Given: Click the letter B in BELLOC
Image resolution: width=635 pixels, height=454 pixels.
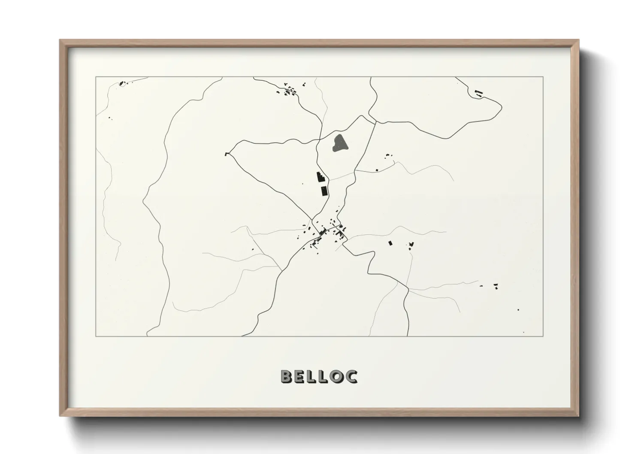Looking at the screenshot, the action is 287,376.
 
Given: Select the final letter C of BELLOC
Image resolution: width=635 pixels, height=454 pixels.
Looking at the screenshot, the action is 351,376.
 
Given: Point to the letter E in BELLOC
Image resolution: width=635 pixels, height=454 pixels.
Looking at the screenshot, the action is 299,376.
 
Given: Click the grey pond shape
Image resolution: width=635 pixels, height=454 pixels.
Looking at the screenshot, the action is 340,143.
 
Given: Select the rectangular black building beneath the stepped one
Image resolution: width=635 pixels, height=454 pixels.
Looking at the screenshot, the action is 324,191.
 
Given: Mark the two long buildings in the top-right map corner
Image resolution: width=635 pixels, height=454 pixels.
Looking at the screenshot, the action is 478,93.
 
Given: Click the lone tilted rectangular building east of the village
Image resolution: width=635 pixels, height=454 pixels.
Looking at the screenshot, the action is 390,243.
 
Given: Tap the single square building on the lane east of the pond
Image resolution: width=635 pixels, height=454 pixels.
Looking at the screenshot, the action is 377,171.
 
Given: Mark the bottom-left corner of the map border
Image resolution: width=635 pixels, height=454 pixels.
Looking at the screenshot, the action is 96,336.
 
